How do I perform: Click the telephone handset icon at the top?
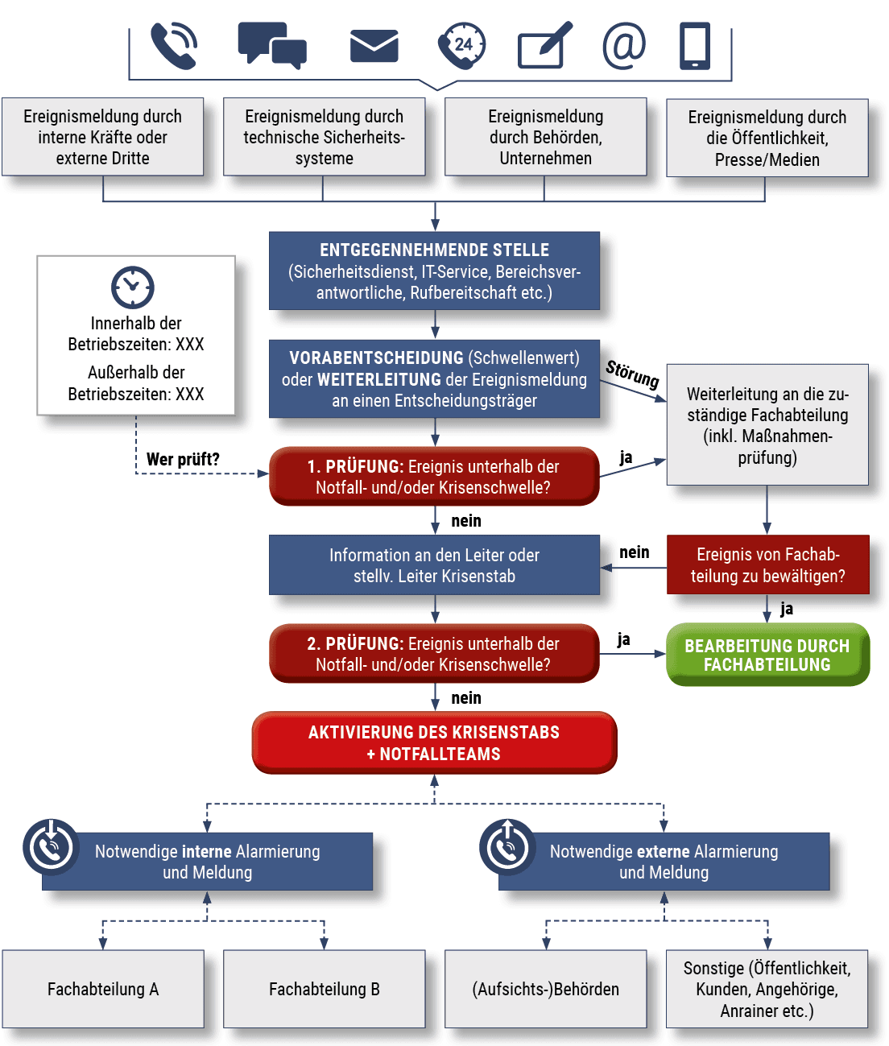point(174,45)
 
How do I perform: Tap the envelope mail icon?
point(374,46)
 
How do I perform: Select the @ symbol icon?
point(624,45)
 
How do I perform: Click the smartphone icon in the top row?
point(695,45)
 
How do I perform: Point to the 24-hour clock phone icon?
point(461,45)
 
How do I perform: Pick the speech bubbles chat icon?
point(272,44)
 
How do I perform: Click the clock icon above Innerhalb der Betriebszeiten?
point(133,287)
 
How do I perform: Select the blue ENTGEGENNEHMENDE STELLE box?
point(434,271)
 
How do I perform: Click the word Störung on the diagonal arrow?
point(633,374)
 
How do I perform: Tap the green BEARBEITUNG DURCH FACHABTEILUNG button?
point(767,655)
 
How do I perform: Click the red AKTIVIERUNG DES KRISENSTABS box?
point(434,742)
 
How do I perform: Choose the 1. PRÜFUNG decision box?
point(434,477)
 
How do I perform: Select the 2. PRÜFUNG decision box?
point(434,654)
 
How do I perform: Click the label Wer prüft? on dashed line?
point(183,460)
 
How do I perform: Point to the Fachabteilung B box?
point(324,989)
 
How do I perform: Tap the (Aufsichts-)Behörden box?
point(545,989)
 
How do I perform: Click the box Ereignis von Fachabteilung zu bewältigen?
point(767,565)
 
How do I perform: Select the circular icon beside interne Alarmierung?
point(52,847)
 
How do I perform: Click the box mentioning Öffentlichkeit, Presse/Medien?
point(767,138)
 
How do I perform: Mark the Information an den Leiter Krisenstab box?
point(434,565)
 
